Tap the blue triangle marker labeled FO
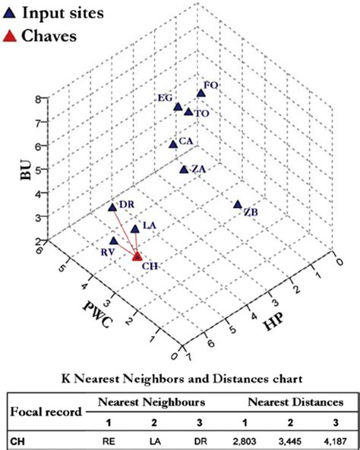(x=201, y=93)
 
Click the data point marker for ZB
(x=238, y=204)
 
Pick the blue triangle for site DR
(x=112, y=206)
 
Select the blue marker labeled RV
(x=114, y=240)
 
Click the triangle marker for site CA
(x=173, y=143)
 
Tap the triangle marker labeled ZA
(x=183, y=169)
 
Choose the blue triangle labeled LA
(x=135, y=228)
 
